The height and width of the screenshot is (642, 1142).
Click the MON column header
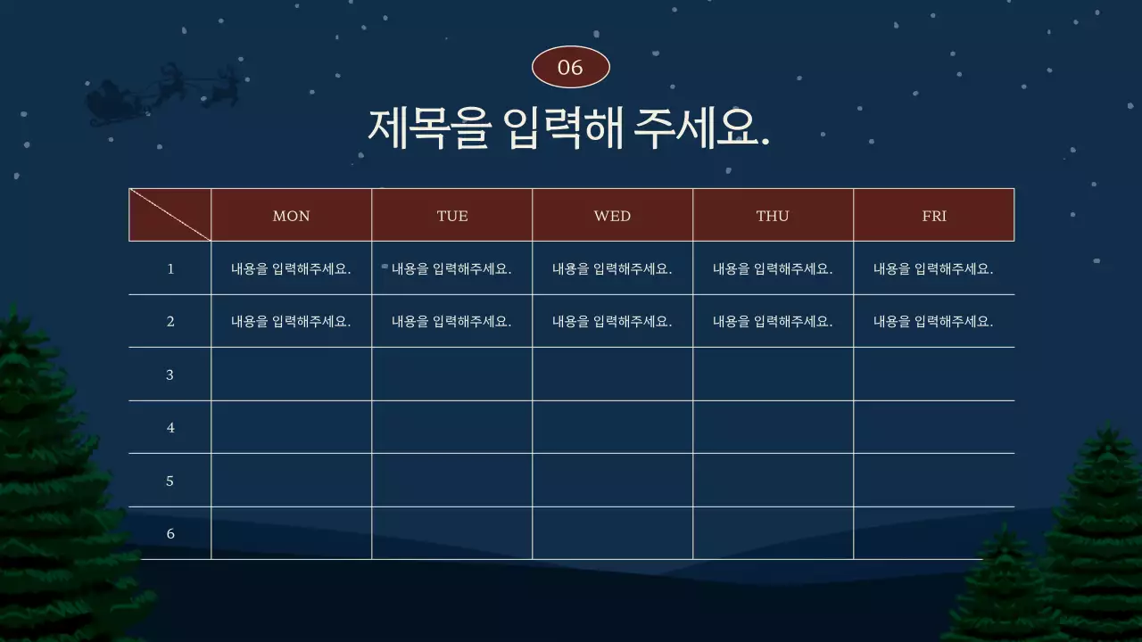pyautogui.click(x=291, y=216)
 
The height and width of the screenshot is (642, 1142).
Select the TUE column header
pyautogui.click(x=452, y=216)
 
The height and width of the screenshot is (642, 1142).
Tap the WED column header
pyautogui.click(x=612, y=216)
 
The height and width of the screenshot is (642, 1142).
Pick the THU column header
pyautogui.click(x=773, y=216)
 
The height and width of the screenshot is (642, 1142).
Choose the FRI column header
pyautogui.click(x=934, y=216)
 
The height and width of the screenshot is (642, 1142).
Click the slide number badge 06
pyautogui.click(x=570, y=68)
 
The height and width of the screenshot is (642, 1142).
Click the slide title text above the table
pyautogui.click(x=569, y=128)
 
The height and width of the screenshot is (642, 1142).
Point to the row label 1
pyautogui.click(x=170, y=268)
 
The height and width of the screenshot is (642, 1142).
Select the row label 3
pyautogui.click(x=170, y=374)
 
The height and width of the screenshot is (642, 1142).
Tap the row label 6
pyautogui.click(x=170, y=533)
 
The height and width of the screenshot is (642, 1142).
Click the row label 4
pyautogui.click(x=170, y=428)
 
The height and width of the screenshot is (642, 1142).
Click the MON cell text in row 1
pyautogui.click(x=291, y=268)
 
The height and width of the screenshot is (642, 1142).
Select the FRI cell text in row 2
pyautogui.click(x=933, y=322)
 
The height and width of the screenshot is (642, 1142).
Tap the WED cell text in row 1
pyautogui.click(x=612, y=268)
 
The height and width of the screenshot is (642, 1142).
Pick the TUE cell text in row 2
pyautogui.click(x=451, y=322)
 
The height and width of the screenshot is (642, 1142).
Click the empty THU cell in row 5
pyautogui.click(x=773, y=481)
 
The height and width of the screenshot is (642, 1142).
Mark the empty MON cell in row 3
pyautogui.click(x=291, y=374)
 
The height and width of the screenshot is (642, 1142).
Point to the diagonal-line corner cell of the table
pyautogui.click(x=170, y=215)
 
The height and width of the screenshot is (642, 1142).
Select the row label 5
pyautogui.click(x=170, y=481)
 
